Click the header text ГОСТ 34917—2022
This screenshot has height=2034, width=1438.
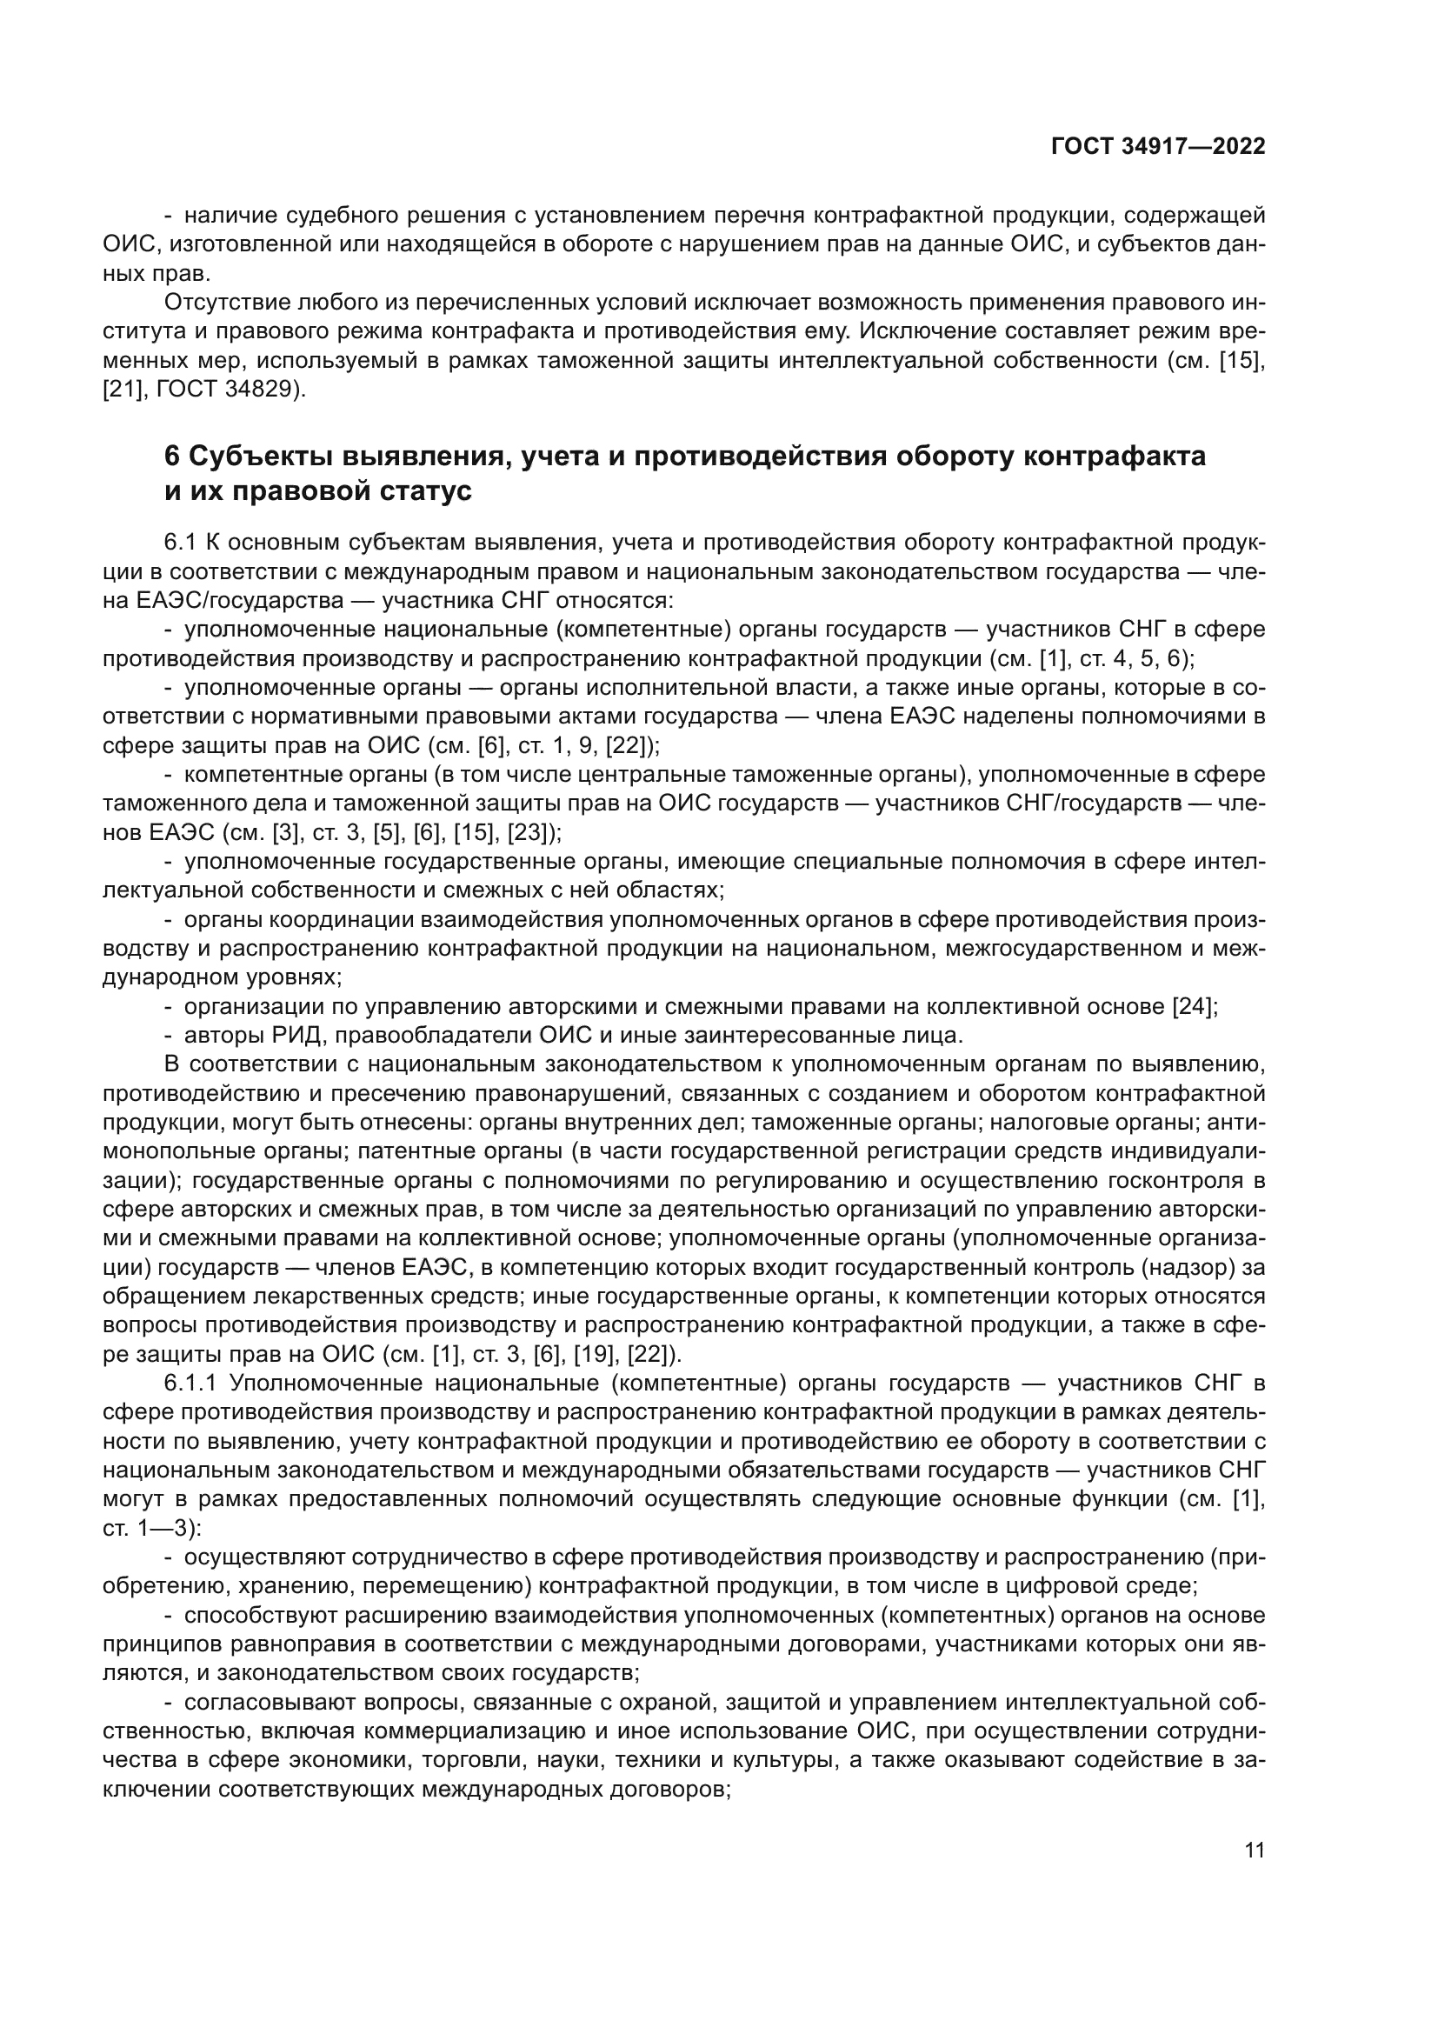point(1158,146)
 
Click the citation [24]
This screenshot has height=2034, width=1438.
point(1195,1006)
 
